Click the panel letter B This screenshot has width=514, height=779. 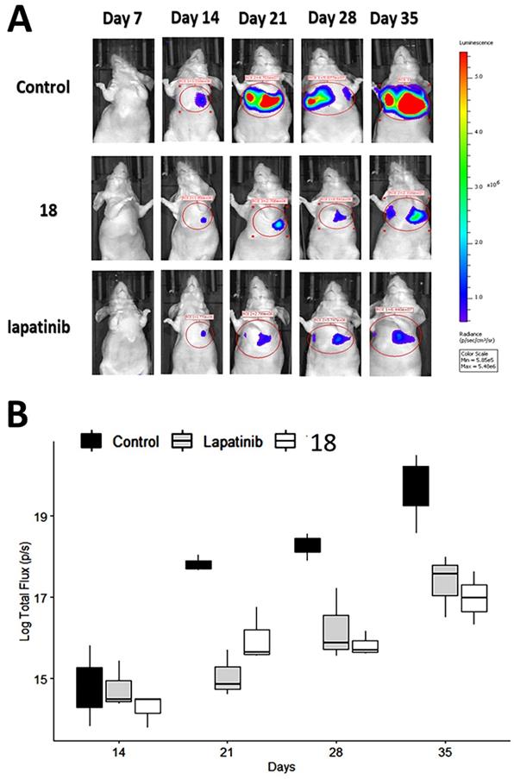coord(23,419)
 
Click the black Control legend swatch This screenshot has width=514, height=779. coord(90,441)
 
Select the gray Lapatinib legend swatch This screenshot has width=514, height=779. coord(185,441)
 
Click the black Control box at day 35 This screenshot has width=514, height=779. coord(416,486)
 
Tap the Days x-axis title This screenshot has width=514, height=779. coord(281,768)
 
